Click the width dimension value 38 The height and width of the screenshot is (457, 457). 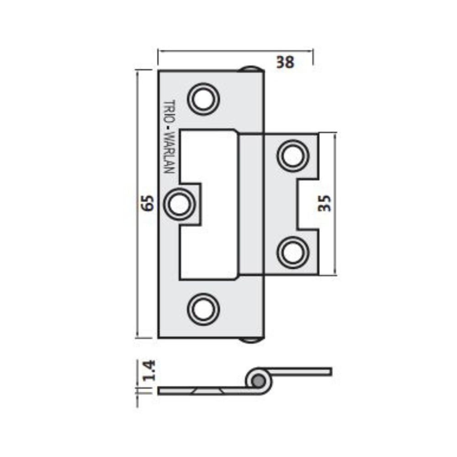click(286, 62)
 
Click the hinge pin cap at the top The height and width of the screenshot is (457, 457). click(251, 69)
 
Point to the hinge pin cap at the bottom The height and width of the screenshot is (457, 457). click(251, 340)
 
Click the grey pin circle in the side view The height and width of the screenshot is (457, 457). click(258, 380)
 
